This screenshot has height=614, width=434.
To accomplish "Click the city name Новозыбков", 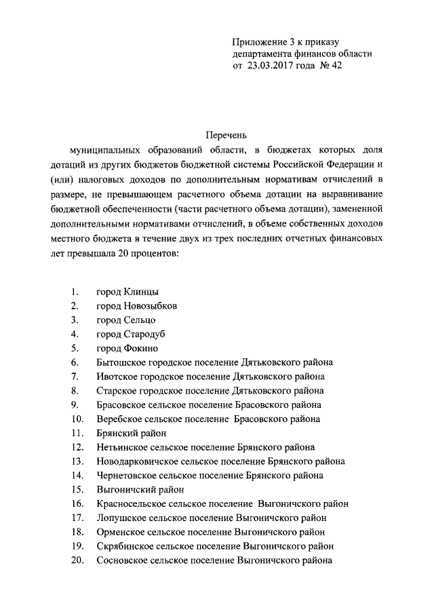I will point(151,305).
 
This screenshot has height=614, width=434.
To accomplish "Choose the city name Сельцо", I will point(141,320).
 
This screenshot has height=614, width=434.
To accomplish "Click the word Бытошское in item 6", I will point(121,362).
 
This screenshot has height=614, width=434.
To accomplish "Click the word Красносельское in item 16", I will point(129,504).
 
